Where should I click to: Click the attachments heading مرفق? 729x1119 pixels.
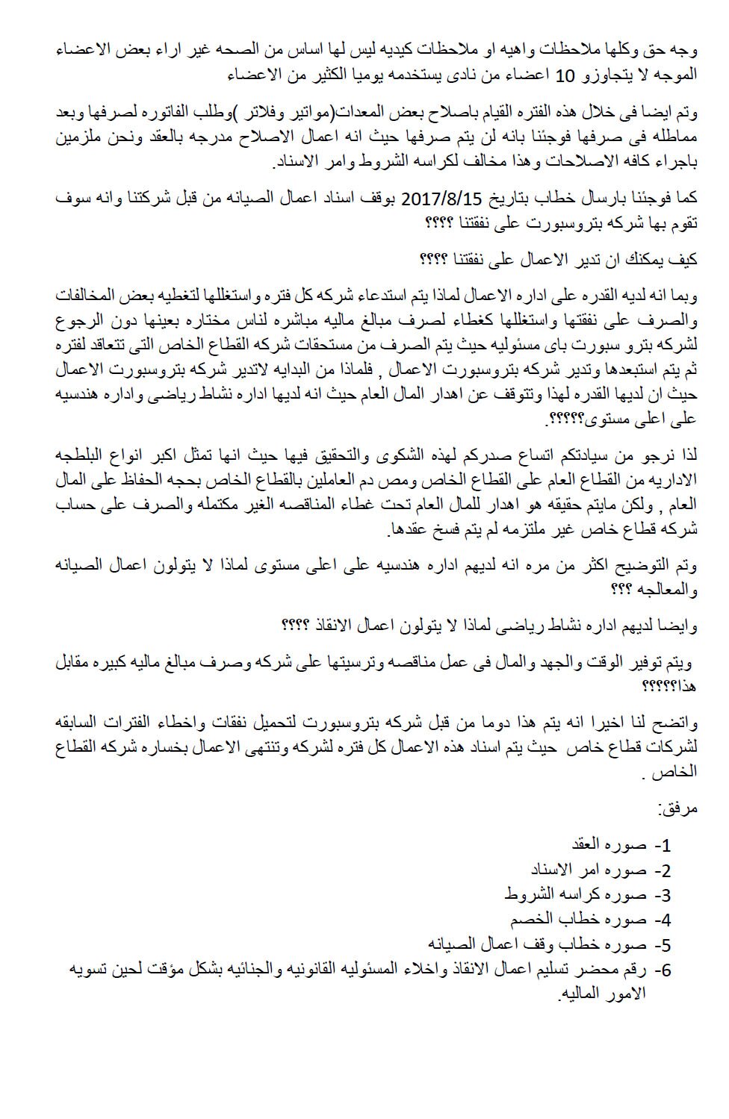click(676, 808)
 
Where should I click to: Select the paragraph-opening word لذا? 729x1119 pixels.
click(688, 455)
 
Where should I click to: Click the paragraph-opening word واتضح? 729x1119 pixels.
click(677, 723)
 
